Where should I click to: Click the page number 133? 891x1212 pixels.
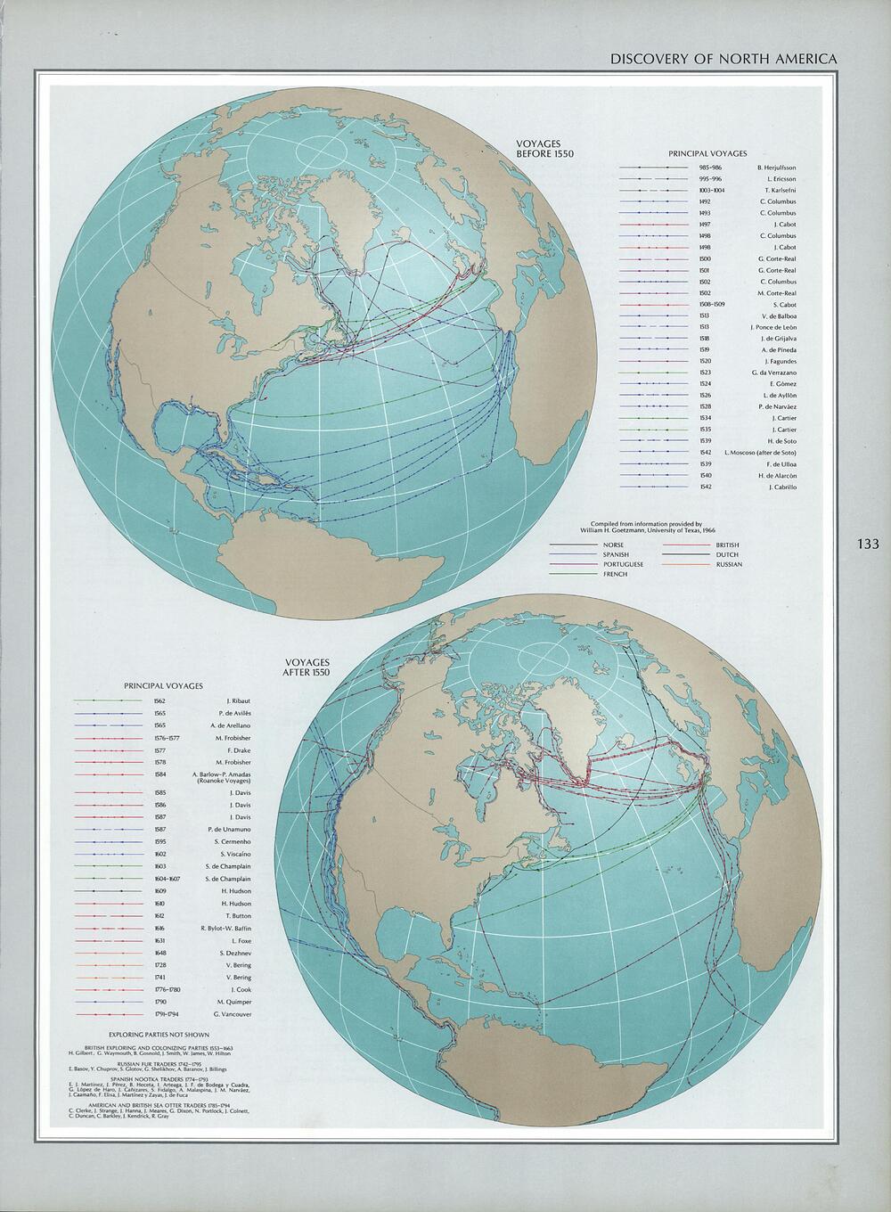867,545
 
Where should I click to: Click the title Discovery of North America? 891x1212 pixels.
723,59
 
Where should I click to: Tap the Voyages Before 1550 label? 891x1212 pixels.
545,148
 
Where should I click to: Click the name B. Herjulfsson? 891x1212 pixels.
776,168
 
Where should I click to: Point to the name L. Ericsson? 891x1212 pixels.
780,179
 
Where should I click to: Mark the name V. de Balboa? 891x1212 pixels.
779,315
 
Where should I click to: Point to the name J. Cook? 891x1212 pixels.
240,989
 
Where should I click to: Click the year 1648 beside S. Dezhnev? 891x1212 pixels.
148,953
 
